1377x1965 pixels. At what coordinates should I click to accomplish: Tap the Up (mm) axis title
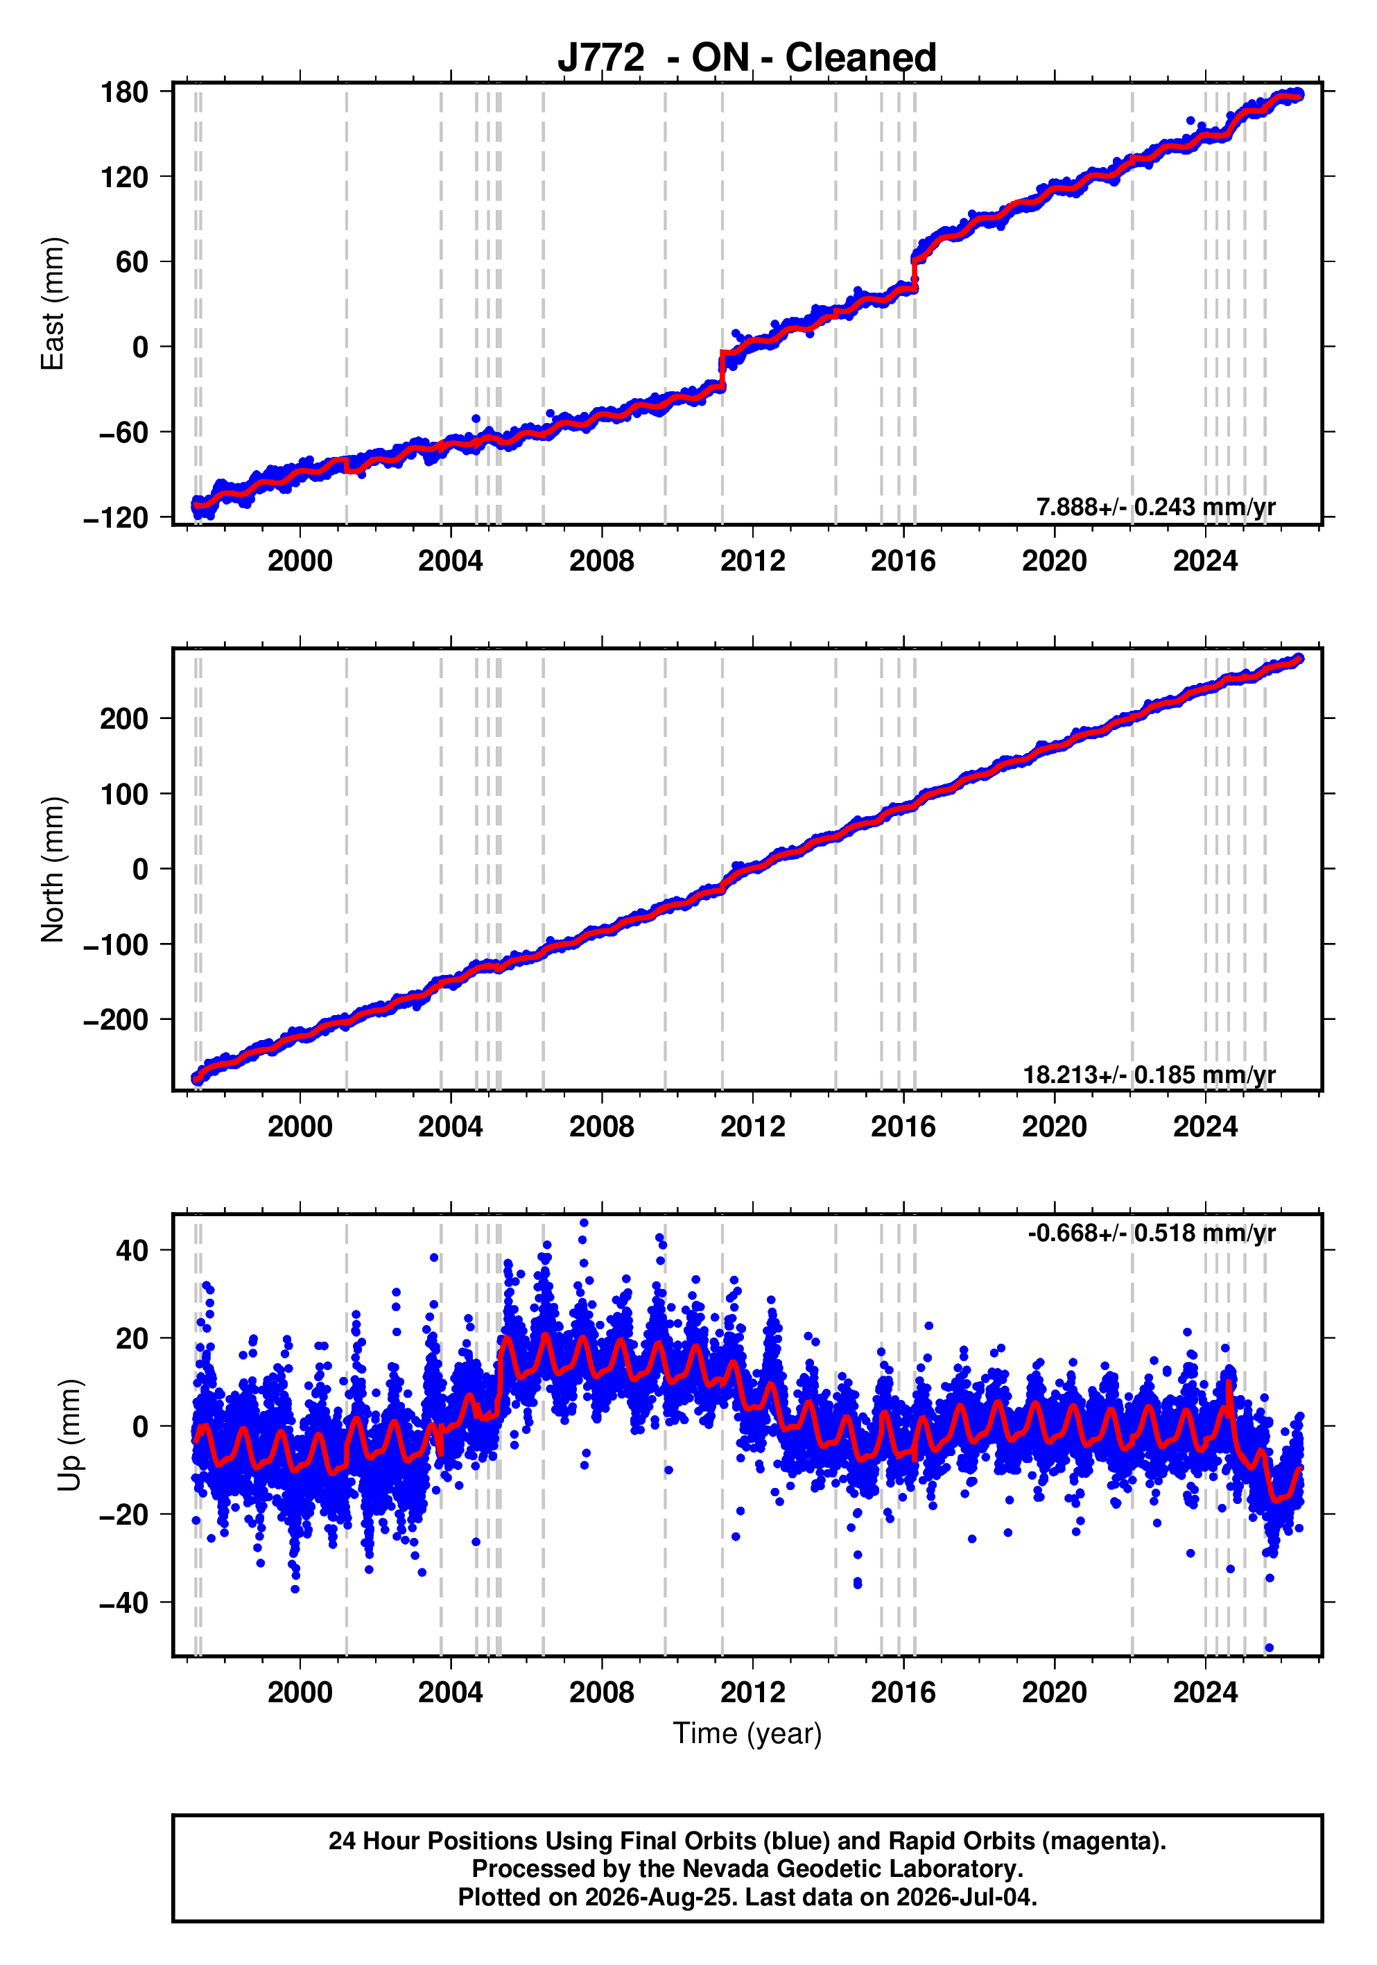[x=70, y=1435]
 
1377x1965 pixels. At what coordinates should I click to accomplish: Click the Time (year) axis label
[x=747, y=1733]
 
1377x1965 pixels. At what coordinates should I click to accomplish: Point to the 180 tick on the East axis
[x=124, y=92]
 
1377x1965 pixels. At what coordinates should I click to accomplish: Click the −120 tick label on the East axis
[x=116, y=518]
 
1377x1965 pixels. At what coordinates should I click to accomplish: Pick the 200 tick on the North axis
[x=124, y=719]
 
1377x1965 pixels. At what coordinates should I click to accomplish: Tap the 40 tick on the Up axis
[x=132, y=1250]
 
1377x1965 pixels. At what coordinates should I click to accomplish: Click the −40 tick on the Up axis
[x=124, y=1602]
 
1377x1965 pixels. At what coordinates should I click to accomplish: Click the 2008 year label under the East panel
[x=602, y=562]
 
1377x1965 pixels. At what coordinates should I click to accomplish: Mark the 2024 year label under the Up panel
[x=1205, y=1693]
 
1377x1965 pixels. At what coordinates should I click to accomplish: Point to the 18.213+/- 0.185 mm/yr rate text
[x=1150, y=1075]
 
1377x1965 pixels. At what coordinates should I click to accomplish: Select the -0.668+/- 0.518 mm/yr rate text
[x=1152, y=1233]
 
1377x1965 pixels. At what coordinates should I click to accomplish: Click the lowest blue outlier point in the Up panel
[x=1269, y=1647]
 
